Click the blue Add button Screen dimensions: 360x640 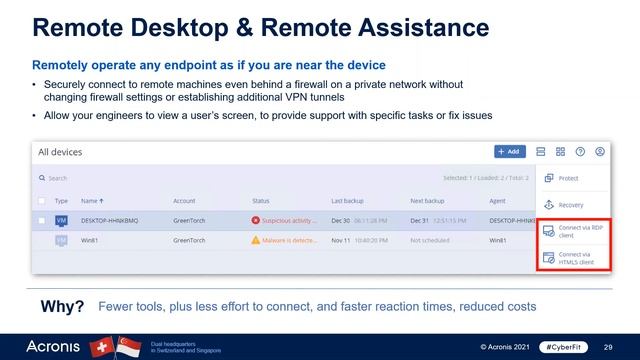pyautogui.click(x=510, y=152)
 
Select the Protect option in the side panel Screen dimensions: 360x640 pyautogui.click(x=568, y=179)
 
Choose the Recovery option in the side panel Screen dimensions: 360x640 pyautogui.click(x=570, y=205)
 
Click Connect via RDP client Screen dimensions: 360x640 pyautogui.click(x=572, y=231)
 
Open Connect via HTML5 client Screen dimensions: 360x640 pyautogui.click(x=572, y=258)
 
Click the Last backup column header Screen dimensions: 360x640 pyautogui.click(x=349, y=200)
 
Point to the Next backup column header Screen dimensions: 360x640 pyautogui.click(x=427, y=200)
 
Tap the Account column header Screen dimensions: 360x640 pyautogui.click(x=184, y=200)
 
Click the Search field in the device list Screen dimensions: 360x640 pyautogui.click(x=100, y=178)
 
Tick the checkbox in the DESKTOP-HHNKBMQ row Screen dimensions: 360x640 pyautogui.click(x=42, y=220)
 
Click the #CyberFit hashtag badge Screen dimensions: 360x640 pyautogui.click(x=562, y=346)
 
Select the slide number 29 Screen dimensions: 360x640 pyautogui.click(x=609, y=346)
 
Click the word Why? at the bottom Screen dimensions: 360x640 pyautogui.click(x=62, y=306)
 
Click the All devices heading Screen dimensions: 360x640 pyautogui.click(x=60, y=152)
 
